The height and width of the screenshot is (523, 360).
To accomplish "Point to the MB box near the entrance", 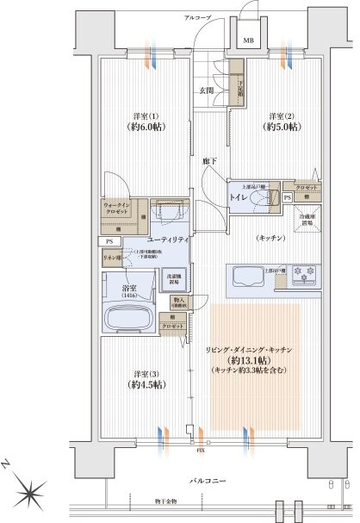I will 248,40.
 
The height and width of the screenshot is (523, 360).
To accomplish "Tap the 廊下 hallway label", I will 208,160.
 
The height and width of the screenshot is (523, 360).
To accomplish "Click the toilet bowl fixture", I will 265,198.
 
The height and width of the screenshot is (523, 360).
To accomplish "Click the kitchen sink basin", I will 249,277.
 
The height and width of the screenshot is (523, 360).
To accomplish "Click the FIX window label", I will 200,450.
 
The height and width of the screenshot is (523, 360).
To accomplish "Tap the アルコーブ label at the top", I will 200,17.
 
